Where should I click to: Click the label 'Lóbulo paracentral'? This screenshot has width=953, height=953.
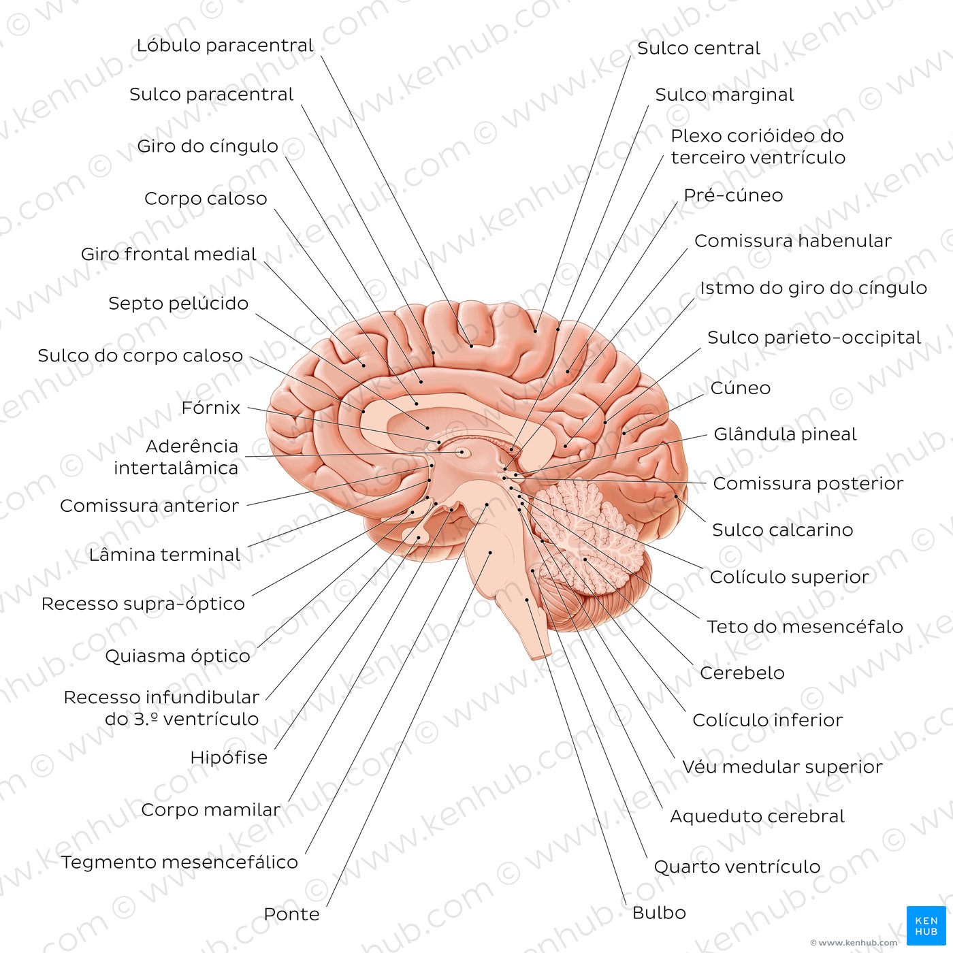[225, 46]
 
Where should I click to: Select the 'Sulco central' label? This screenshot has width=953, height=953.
[698, 48]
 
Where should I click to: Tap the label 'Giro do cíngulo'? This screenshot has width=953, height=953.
[208, 146]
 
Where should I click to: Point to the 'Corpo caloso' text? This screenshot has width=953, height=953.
[206, 198]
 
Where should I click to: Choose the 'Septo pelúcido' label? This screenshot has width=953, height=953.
[178, 303]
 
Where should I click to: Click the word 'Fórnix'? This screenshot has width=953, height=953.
[210, 408]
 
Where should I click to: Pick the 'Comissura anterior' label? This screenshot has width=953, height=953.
[149, 506]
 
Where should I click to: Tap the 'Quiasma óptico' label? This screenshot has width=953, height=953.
[178, 656]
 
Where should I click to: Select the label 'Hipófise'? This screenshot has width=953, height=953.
[229, 758]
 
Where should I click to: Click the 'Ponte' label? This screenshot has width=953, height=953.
[292, 914]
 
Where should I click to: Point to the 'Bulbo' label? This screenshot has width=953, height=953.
[659, 913]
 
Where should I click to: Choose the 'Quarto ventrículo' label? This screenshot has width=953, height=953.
[737, 867]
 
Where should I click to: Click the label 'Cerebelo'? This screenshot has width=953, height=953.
[743, 673]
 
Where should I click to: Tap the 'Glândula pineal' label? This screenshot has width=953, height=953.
[785, 434]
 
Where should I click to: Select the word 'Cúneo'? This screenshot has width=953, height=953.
[741, 388]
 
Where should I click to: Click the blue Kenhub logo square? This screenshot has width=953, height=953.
[926, 926]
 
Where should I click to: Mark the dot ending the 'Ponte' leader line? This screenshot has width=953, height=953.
[490, 553]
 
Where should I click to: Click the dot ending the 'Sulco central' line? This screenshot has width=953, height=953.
[535, 331]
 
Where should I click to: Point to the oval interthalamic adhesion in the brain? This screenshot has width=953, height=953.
[462, 452]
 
